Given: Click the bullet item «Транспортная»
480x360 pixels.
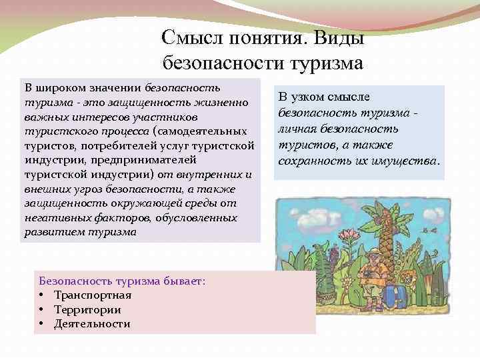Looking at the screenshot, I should coord(93,295).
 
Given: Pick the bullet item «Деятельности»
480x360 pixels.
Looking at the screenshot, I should coord(92,324).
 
